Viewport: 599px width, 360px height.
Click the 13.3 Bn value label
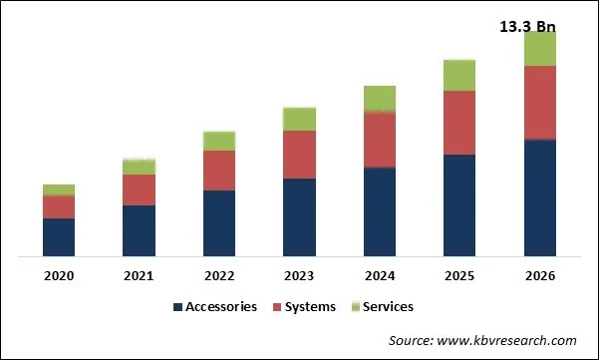527,26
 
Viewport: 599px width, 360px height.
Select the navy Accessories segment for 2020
58,237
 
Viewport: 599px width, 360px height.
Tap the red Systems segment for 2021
139,189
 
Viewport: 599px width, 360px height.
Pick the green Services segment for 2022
219,141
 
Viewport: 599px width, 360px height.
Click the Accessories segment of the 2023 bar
299,217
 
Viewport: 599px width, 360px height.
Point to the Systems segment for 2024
380,139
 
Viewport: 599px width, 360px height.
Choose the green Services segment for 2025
459,75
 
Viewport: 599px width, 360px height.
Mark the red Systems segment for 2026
539,102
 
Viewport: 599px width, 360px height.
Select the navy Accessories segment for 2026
539,197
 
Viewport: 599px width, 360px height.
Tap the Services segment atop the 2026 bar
539,48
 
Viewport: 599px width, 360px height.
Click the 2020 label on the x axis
58,276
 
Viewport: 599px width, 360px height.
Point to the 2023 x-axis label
299,276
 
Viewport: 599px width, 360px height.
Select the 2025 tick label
459,276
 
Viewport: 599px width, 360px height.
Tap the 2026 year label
539,276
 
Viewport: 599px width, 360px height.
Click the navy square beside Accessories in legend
178,307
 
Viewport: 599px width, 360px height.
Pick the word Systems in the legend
310,307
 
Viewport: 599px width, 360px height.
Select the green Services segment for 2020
58,189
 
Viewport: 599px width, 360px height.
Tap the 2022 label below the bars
219,276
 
